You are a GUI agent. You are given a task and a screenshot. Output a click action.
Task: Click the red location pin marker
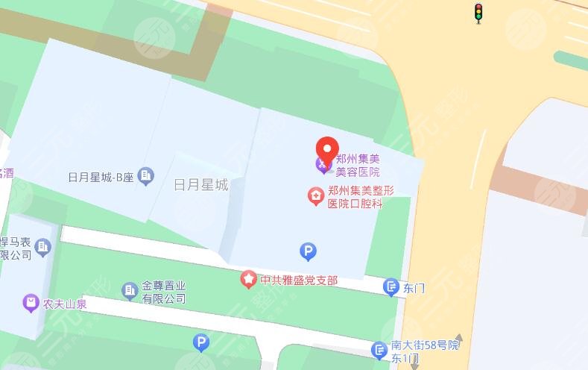(327, 149)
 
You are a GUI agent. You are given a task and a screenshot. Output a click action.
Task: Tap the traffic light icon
(478, 12)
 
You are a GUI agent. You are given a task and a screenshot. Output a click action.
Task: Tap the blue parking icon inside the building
(307, 250)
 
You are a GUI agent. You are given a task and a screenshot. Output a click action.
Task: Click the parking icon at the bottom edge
(200, 342)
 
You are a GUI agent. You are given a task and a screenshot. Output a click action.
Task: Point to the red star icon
(249, 280)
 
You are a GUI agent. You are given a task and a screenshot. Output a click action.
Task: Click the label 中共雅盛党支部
(298, 280)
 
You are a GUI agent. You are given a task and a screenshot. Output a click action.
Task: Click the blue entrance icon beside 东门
(391, 286)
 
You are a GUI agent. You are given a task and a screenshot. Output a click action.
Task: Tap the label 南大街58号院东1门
(425, 351)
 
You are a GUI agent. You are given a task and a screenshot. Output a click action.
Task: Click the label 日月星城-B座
(100, 178)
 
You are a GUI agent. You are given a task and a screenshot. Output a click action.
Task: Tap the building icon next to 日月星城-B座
(146, 176)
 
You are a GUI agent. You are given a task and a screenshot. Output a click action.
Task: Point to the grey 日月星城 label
(200, 184)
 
